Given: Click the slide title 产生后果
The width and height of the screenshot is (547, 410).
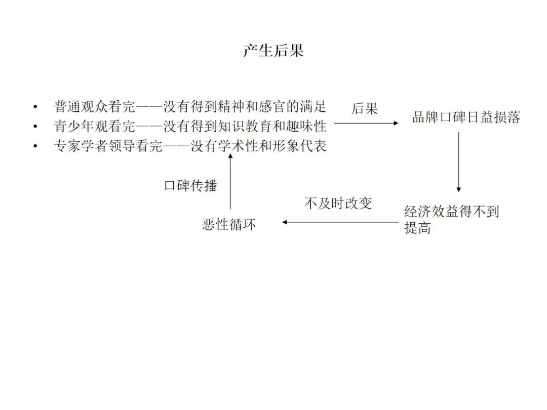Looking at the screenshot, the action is (273, 51).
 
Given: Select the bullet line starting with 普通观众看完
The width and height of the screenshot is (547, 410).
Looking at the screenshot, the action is (190, 107).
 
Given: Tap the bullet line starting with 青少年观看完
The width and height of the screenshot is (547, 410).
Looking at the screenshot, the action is (190, 126).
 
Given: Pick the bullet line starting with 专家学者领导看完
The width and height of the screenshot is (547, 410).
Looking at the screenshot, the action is (190, 146).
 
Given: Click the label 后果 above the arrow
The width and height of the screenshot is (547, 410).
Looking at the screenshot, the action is (365, 108).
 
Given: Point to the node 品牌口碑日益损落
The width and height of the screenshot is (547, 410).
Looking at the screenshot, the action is (466, 118).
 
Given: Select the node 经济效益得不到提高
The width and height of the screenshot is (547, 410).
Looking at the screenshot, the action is (451, 219).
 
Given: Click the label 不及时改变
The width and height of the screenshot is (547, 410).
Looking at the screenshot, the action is (338, 203).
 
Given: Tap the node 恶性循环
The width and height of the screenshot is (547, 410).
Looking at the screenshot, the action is (229, 224).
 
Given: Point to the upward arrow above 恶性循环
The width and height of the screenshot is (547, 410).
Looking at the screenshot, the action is (230, 182).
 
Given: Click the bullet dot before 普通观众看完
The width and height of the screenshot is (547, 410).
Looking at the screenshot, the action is (35, 107).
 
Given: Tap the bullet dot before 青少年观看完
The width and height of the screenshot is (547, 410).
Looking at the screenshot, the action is (35, 127).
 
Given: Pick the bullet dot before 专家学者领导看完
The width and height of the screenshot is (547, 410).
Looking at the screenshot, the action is (35, 146).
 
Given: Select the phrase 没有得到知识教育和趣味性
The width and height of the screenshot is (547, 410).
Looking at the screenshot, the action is (245, 126).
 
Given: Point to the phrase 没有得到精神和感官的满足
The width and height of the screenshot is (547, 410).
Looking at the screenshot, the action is (245, 107).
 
